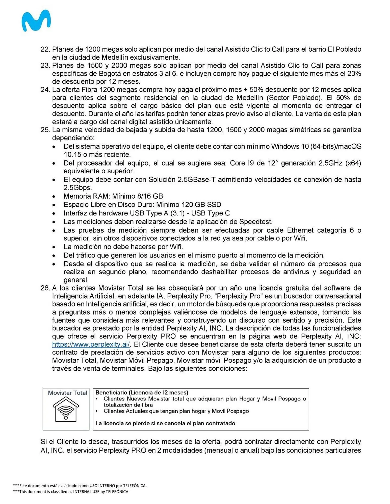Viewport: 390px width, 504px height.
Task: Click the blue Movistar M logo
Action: (x=36, y=21)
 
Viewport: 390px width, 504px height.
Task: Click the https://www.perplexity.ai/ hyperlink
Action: (x=91, y=344)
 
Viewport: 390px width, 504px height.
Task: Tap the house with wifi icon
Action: (x=66, y=410)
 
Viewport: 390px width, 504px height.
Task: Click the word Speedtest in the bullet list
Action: (x=255, y=222)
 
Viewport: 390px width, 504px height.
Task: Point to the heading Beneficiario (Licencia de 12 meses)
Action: (x=142, y=392)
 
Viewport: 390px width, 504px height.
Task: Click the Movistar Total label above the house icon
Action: (x=67, y=393)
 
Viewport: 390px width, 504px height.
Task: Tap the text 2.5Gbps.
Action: (x=77, y=188)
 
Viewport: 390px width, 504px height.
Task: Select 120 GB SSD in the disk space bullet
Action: (x=201, y=205)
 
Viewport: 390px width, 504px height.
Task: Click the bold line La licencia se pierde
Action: (x=165, y=423)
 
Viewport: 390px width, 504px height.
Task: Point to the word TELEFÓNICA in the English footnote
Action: (x=117, y=491)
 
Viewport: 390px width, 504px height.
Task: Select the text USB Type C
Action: (x=210, y=213)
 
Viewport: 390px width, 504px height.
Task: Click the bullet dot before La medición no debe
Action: (x=54, y=247)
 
